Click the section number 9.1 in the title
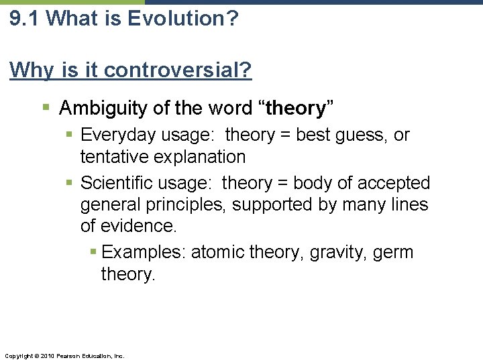[x=25, y=18]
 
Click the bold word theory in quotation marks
[x=296, y=107]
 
